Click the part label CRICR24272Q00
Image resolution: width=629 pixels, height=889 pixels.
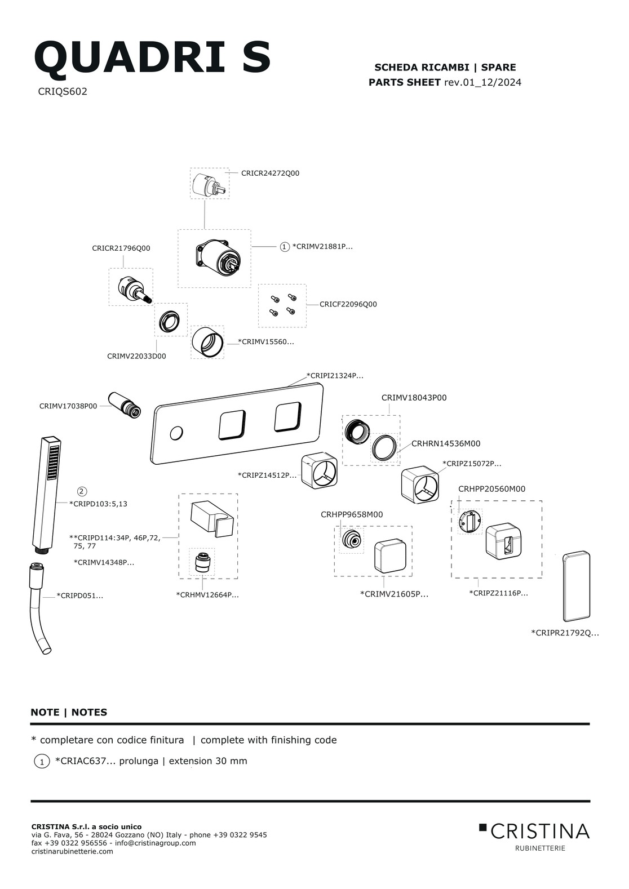[270, 173]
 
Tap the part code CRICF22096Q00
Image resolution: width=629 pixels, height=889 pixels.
[348, 304]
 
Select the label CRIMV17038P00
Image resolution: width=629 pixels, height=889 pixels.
[68, 406]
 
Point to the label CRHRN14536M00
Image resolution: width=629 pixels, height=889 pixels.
[446, 443]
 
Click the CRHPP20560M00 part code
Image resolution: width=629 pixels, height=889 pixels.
[491, 489]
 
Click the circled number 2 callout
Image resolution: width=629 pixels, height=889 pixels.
[82, 491]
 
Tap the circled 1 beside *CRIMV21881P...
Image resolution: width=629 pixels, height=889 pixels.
[285, 247]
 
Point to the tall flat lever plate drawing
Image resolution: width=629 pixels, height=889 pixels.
[576, 586]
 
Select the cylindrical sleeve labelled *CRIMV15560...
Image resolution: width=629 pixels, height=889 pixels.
[207, 342]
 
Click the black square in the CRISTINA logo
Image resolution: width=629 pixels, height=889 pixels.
[482, 827]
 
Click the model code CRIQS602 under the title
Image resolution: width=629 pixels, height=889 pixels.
[63, 91]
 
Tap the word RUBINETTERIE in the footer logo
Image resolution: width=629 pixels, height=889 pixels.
[540, 848]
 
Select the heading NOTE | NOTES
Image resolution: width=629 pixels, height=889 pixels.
[69, 712]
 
